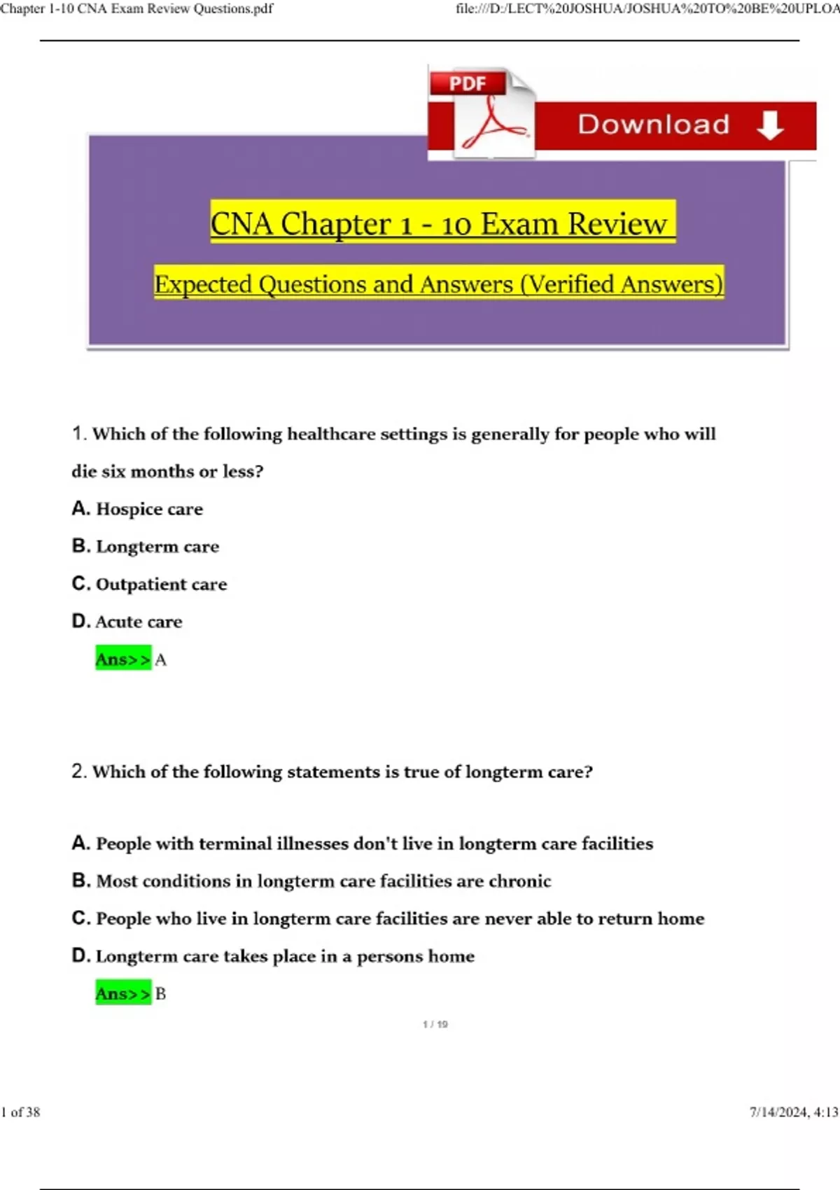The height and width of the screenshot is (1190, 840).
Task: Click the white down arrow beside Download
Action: pos(770,125)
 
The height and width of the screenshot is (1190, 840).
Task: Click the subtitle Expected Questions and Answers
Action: pos(439,283)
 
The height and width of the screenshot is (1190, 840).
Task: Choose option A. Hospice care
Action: pos(138,509)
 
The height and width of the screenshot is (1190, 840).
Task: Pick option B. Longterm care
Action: pos(146,546)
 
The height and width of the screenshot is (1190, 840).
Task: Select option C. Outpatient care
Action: pos(150,584)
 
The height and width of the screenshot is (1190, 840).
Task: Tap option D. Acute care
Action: pos(127,622)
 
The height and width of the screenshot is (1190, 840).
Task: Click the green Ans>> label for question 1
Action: pos(123,659)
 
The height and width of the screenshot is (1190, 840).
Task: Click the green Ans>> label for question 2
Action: pos(123,993)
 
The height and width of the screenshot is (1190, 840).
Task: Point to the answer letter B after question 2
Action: pos(160,994)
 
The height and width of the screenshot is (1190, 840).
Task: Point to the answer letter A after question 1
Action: pos(160,659)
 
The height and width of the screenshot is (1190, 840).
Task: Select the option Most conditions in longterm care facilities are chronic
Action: pos(311,881)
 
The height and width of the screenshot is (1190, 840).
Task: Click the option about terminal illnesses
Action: pos(363,843)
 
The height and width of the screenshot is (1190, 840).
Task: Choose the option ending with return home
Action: pos(388,918)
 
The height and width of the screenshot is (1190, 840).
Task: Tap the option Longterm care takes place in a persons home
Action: pos(274,956)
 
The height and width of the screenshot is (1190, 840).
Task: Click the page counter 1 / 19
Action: pos(435,1024)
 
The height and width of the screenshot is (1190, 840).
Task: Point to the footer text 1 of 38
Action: pos(21,1112)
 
